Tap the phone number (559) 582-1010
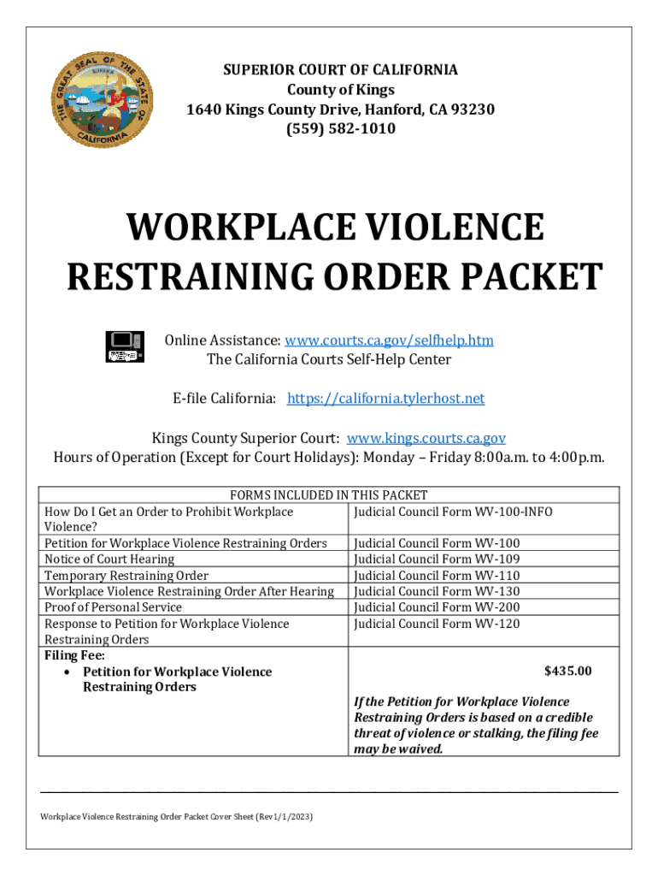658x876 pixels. [x=340, y=129]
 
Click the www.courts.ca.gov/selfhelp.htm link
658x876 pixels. [x=389, y=340]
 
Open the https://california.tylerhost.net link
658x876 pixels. [x=385, y=399]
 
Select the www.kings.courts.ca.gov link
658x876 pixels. [x=426, y=438]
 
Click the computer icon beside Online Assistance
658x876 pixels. [x=123, y=345]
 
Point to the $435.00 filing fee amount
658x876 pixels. [x=567, y=672]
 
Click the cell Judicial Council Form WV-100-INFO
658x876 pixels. [x=453, y=512]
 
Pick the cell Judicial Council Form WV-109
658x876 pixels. [x=437, y=559]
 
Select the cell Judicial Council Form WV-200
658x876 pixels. [x=437, y=607]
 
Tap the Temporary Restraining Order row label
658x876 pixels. [x=126, y=576]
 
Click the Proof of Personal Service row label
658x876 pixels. [x=113, y=607]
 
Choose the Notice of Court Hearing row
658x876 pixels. [x=109, y=559]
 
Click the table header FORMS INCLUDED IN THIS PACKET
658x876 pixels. [x=329, y=494]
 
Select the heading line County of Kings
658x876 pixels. [x=340, y=90]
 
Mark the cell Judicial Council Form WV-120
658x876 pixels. [x=437, y=624]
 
